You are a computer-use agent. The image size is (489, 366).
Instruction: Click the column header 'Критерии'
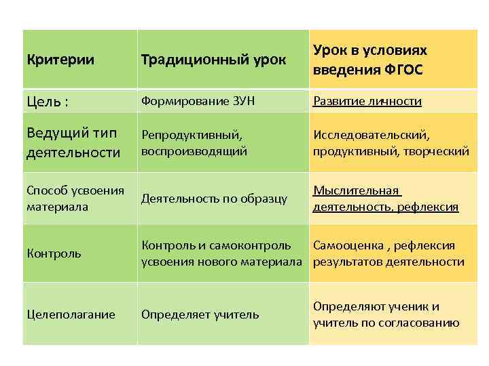point(60,60)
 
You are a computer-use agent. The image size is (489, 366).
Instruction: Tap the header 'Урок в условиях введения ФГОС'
point(370,60)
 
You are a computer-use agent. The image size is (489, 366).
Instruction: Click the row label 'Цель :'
point(48,102)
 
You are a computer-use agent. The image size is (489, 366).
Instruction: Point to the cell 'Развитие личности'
point(367,102)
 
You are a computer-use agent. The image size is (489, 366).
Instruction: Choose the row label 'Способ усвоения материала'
point(75,198)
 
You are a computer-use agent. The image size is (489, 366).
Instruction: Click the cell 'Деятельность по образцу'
point(214,199)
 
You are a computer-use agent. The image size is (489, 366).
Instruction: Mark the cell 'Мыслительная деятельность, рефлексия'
point(385,199)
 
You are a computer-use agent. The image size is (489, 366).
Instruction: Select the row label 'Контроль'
point(54,253)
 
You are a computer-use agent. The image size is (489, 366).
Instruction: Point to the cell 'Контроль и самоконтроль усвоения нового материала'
point(221,253)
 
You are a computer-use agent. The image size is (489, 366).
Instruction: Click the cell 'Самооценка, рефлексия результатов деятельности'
point(388,253)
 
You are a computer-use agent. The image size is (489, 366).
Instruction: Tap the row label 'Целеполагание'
point(71,314)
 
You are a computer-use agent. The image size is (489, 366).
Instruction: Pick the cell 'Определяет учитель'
point(200,314)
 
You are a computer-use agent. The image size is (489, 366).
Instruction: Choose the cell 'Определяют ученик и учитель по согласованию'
point(386,314)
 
